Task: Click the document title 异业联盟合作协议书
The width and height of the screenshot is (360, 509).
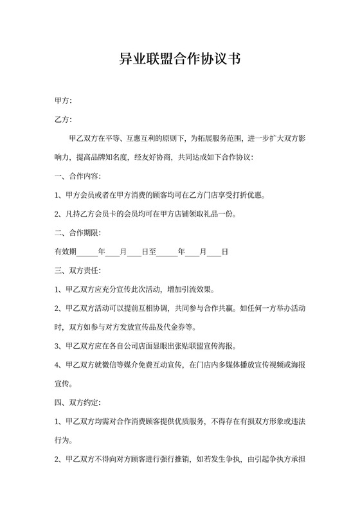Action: (180, 60)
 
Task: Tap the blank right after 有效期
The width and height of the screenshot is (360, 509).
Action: (87, 252)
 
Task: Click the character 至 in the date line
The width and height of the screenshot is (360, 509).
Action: (152, 252)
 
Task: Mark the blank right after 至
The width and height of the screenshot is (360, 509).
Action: (166, 252)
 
